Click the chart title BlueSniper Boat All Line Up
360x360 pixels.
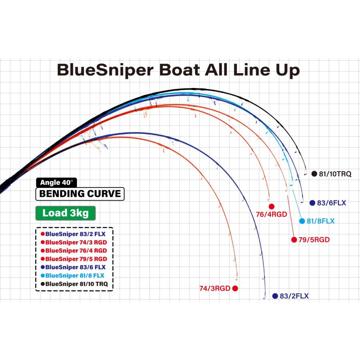tap(178, 70)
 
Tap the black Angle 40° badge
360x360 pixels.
tap(56, 182)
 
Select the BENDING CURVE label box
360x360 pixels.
tap(80, 194)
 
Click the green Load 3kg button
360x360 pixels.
tap(66, 213)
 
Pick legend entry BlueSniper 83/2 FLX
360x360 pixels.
tap(76, 234)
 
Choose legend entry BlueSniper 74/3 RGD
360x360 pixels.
tap(76, 242)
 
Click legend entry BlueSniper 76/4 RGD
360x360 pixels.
tap(76, 250)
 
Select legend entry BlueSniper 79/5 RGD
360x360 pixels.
tap(76, 259)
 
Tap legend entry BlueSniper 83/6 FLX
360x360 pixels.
tap(76, 267)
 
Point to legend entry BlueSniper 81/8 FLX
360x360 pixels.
tap(76, 276)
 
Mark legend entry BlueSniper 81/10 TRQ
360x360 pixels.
tap(76, 284)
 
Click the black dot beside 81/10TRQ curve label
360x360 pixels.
tap(314, 174)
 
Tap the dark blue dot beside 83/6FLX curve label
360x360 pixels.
tap(312, 203)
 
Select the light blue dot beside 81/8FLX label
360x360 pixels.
tap(302, 221)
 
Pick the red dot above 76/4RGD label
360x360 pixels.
tap(272, 206)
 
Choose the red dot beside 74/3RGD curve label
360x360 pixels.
tap(235, 288)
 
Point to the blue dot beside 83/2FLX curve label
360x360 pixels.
tap(275, 296)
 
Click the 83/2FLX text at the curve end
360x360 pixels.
tap(294, 296)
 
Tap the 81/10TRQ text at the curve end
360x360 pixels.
tap(335, 174)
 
